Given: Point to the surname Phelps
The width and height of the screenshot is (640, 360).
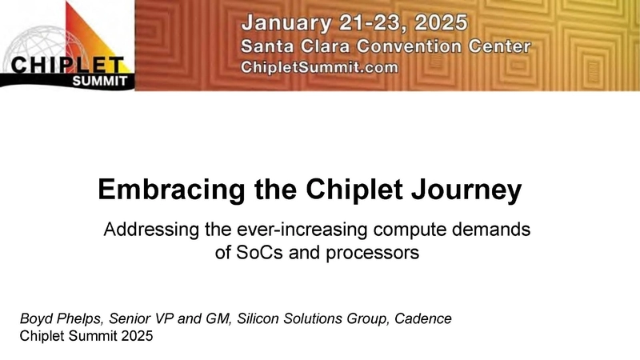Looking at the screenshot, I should click(x=78, y=318).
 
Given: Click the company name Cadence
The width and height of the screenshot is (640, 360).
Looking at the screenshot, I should click(x=424, y=318).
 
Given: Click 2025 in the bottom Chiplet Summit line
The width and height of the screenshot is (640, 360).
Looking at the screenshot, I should click(x=134, y=336).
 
